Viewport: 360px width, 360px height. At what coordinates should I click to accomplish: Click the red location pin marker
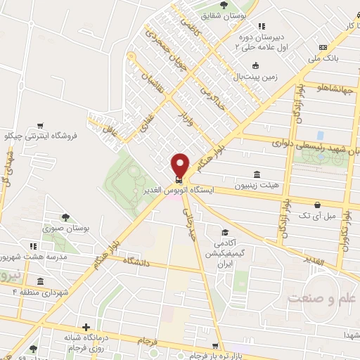point(180,165)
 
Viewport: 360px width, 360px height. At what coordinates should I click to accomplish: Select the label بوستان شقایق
point(234,14)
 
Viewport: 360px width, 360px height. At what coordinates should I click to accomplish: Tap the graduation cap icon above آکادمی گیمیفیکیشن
point(224,232)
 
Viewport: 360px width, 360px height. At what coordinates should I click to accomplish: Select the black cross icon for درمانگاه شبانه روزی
point(86,327)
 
